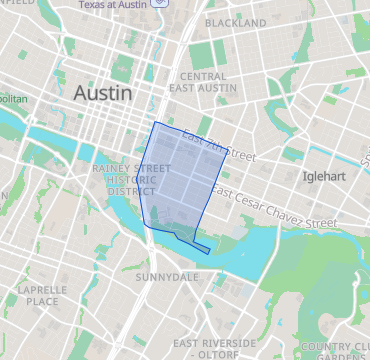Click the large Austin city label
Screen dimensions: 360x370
102,92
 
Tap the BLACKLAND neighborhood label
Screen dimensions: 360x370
235,22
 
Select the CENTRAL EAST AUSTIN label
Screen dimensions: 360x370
203,83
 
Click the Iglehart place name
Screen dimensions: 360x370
324,176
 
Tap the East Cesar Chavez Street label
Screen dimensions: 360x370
274,207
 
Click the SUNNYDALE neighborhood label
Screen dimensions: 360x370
162,275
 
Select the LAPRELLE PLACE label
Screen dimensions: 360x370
42,295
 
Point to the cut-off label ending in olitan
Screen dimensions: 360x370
13,100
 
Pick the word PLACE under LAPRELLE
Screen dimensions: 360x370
42,301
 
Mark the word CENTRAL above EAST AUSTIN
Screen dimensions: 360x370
203,76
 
